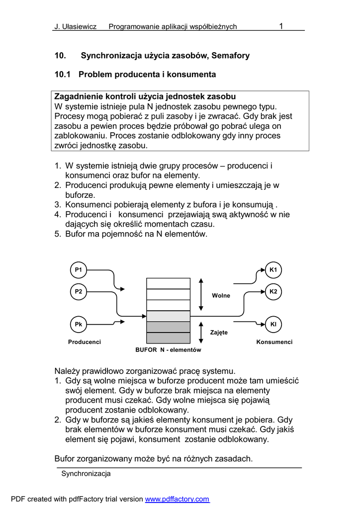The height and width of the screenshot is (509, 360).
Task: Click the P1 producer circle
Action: pos(78,270)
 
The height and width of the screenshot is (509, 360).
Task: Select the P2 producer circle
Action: pos(78,292)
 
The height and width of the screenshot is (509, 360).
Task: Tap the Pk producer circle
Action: pos(78,324)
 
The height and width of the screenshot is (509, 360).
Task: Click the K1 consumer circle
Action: pos(273,270)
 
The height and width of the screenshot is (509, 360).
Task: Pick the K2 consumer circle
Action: pos(273,291)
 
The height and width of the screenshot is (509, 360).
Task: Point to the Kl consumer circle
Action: pos(273,324)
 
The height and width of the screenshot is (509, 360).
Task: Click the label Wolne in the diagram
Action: pos(221,296)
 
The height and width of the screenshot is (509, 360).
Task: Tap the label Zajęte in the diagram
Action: pos(219,332)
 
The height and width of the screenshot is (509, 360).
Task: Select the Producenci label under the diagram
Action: pos(85,342)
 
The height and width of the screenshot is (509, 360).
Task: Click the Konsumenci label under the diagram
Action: pos(274,342)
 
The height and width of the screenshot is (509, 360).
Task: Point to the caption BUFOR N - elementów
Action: pos(168,350)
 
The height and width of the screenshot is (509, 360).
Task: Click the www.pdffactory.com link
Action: pos(177,499)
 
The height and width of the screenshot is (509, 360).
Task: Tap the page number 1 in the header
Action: pos(281,26)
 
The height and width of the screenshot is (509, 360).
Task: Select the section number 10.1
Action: pos(62,75)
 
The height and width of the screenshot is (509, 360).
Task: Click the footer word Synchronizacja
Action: pos(86,474)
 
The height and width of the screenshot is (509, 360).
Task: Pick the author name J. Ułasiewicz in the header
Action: pos(75,27)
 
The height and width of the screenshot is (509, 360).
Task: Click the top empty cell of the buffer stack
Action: pos(168,283)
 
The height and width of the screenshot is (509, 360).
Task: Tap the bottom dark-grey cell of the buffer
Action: pos(168,338)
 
